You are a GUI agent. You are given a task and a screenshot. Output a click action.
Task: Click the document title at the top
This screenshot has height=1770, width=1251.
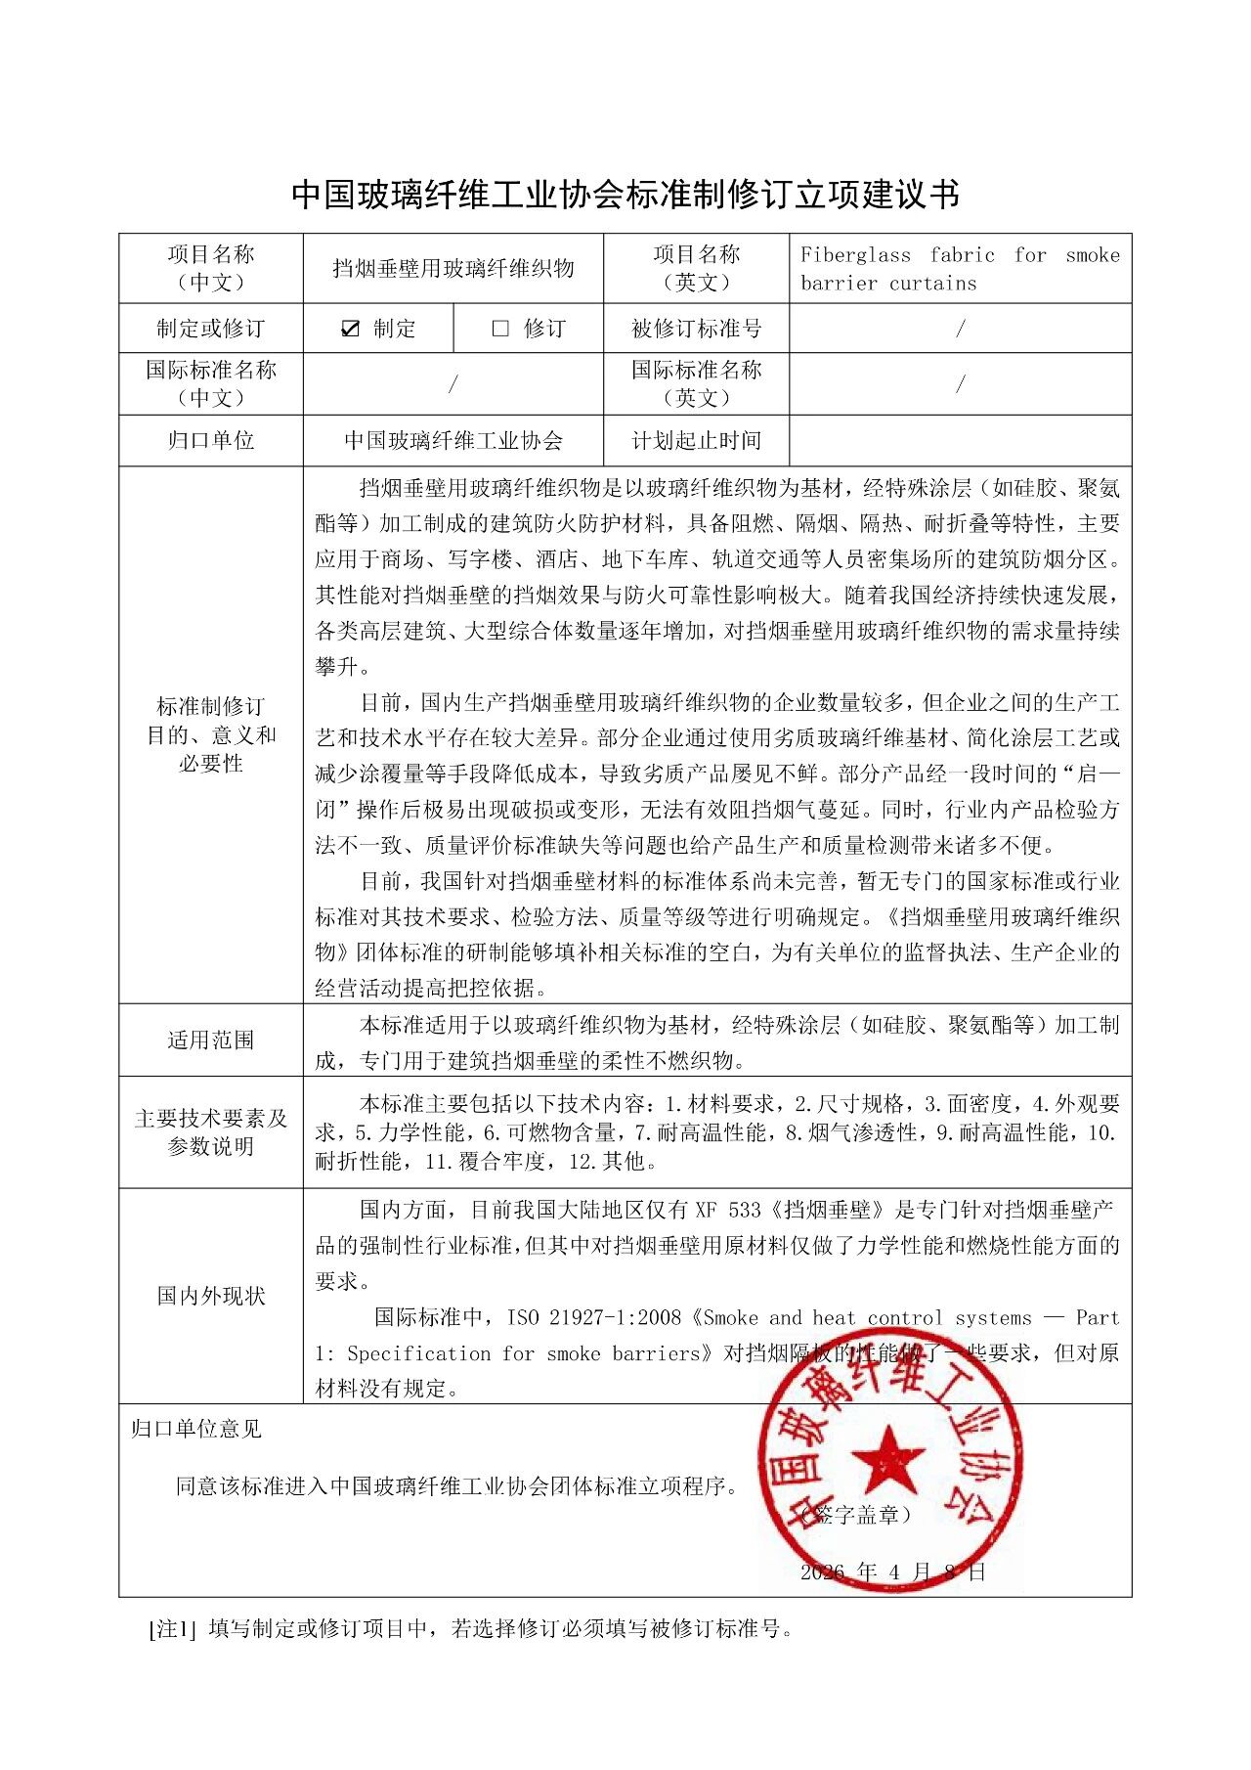point(625,194)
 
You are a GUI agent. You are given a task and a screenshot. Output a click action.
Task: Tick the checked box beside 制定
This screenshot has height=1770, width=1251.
point(350,329)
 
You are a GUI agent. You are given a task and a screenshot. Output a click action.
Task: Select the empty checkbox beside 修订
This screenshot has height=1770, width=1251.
point(500,329)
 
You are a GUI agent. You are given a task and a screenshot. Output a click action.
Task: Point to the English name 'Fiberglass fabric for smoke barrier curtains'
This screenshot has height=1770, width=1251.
point(959,269)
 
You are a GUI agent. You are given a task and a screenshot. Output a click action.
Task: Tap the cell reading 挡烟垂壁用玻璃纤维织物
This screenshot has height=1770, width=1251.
point(453,268)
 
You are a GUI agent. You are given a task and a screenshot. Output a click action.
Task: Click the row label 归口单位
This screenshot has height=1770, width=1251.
point(211,440)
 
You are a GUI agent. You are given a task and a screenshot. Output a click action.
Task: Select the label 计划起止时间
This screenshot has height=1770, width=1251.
point(696,440)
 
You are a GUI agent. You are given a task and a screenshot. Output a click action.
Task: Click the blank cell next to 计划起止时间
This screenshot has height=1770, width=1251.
point(960,440)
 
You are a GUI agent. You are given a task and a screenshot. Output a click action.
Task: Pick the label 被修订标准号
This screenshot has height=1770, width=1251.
point(696,329)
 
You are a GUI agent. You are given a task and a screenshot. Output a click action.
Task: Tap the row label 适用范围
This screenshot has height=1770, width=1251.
point(211,1040)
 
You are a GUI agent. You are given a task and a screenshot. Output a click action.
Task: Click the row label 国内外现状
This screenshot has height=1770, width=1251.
point(211,1296)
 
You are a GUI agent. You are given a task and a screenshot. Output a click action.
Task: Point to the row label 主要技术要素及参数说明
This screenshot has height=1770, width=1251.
point(211,1131)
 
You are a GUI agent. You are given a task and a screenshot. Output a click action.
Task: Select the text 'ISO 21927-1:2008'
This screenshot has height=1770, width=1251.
point(594,1317)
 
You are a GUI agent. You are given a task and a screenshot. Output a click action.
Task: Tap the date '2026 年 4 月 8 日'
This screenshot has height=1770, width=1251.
point(892,1571)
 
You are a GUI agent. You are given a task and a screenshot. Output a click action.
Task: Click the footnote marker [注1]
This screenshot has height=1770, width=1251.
point(173,1629)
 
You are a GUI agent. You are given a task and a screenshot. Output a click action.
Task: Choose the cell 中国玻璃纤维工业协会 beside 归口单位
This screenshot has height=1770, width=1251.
point(453,440)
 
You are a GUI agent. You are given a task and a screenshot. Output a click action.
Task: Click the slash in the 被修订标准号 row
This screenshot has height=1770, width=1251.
point(960,329)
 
